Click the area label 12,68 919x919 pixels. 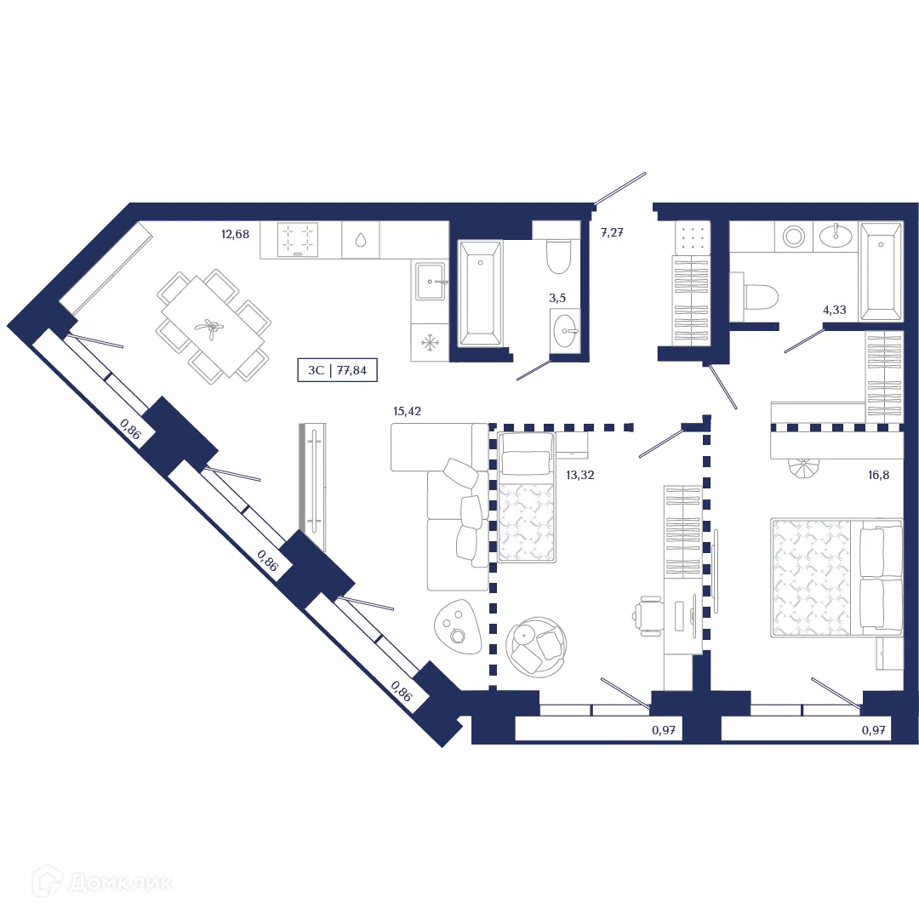pyautogui.click(x=234, y=234)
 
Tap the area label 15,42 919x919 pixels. pyautogui.click(x=408, y=411)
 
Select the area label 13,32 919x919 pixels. pyautogui.click(x=579, y=475)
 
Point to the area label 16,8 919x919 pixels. pyautogui.click(x=878, y=475)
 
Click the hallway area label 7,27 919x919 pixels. pyautogui.click(x=613, y=231)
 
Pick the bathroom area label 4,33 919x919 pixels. pyautogui.click(x=834, y=311)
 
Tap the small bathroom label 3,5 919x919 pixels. pyautogui.click(x=557, y=299)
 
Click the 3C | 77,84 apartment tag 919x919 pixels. pyautogui.click(x=338, y=370)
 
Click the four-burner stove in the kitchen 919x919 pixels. pyautogui.click(x=298, y=239)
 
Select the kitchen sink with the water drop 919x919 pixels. pyautogui.click(x=361, y=240)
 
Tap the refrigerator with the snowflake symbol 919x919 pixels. pyautogui.click(x=430, y=343)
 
